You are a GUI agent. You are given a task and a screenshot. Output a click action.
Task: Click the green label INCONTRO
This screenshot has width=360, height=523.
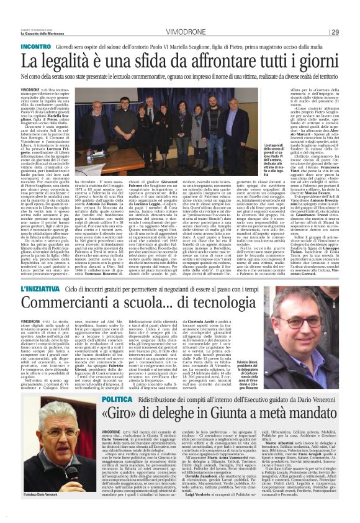click(36, 47)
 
